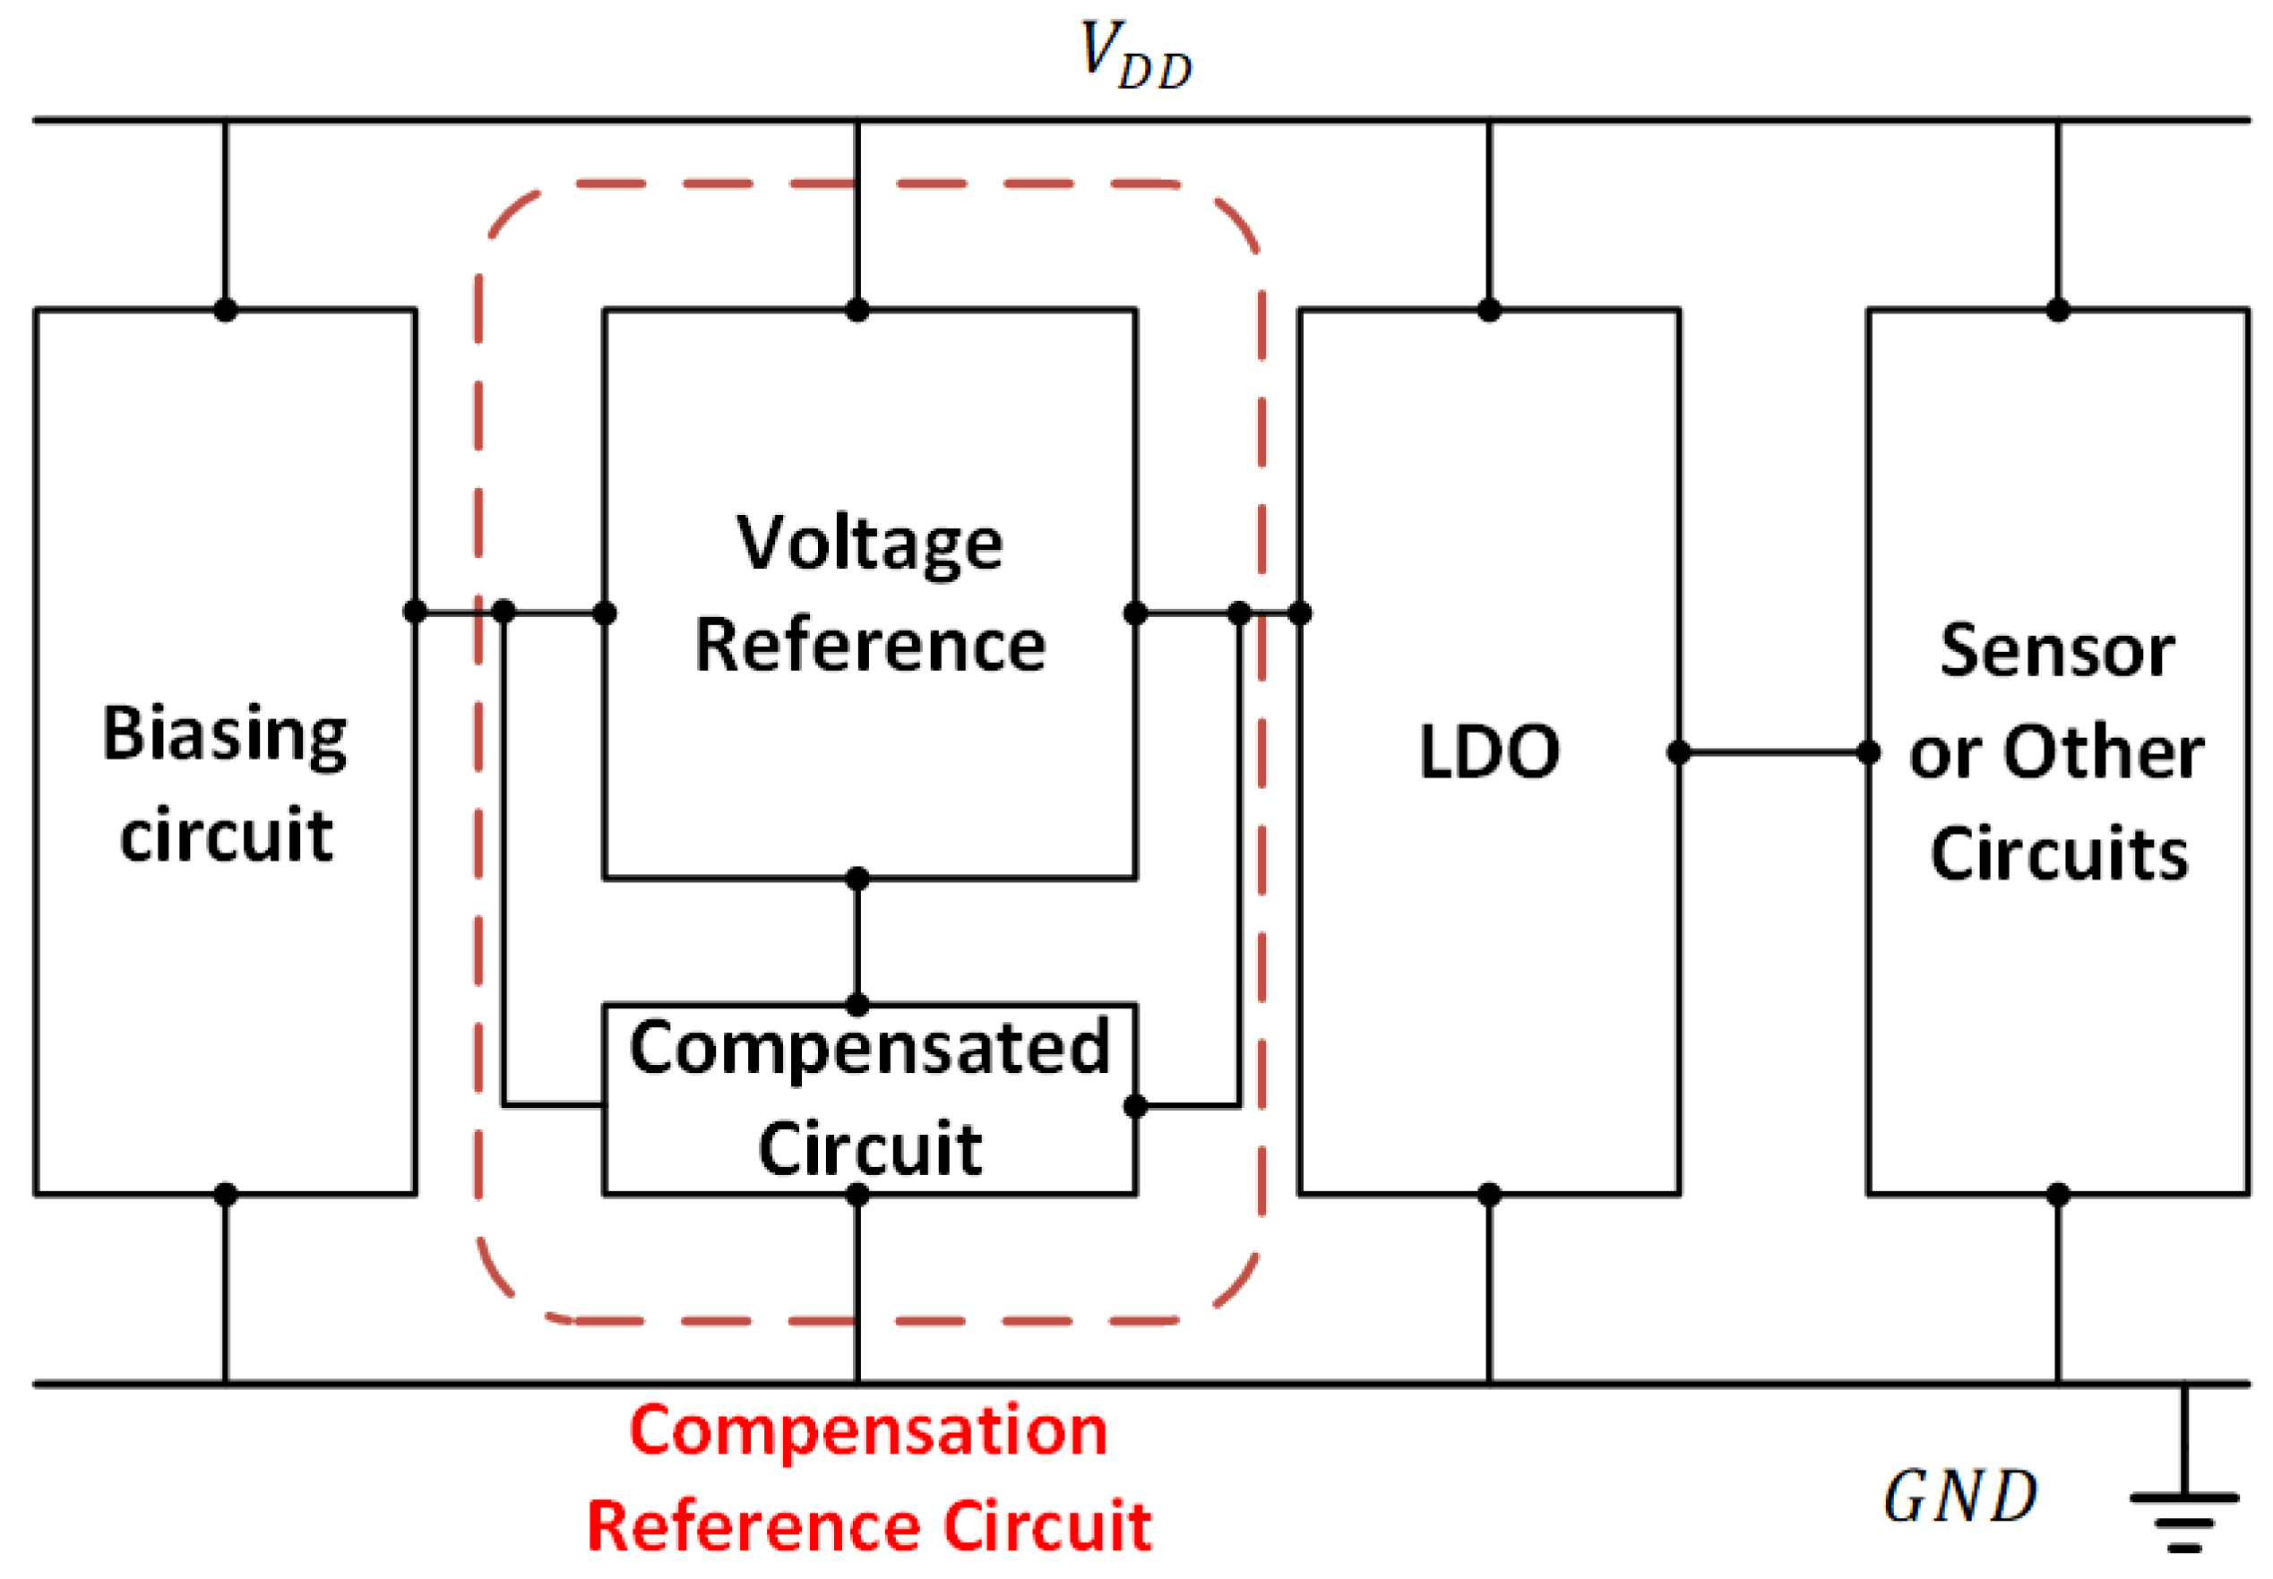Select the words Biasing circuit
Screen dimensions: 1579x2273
226,784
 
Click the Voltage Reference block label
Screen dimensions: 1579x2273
869,594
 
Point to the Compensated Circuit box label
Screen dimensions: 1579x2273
869,1097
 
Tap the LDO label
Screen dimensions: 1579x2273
1488,752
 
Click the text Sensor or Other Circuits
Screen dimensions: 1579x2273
2056,752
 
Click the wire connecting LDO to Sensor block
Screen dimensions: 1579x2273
1772,753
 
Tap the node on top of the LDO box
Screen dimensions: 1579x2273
1488,310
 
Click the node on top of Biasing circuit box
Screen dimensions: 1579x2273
226,310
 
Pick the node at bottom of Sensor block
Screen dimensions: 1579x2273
2057,1194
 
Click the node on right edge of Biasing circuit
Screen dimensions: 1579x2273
416,612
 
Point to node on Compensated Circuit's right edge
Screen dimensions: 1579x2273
1135,1105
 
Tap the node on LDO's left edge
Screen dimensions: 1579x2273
1300,613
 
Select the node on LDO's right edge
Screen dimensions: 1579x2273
1678,753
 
